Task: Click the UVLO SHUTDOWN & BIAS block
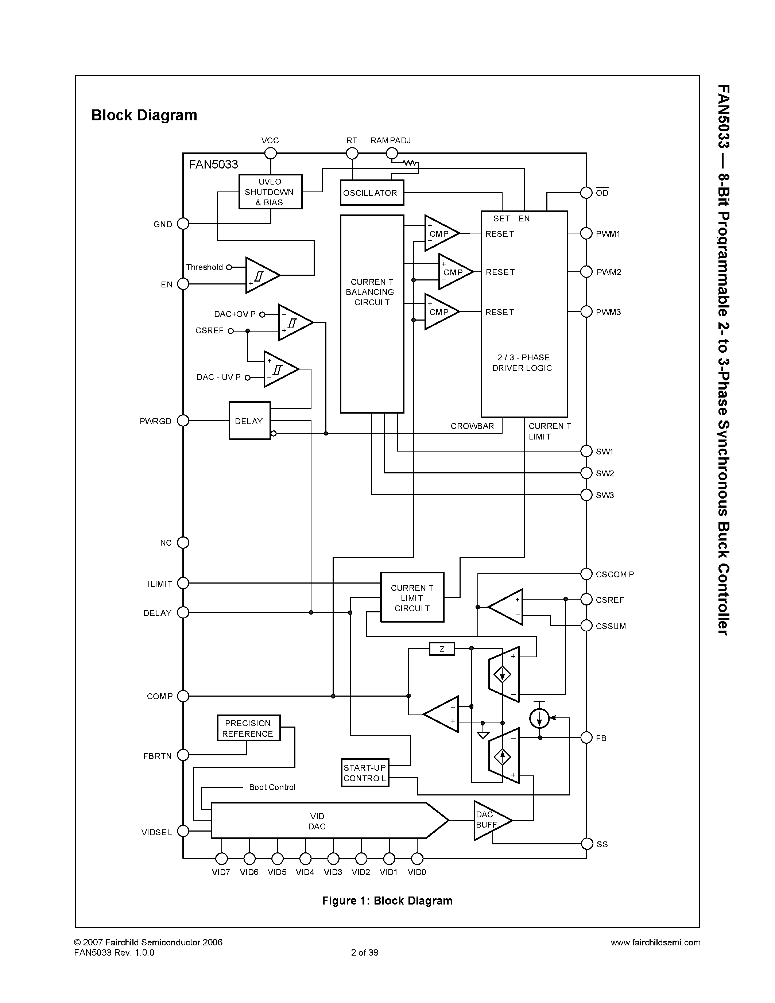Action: point(270,192)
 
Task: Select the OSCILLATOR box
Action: point(371,193)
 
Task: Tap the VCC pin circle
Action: point(270,154)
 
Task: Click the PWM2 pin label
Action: point(608,272)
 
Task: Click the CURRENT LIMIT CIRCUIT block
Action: point(412,597)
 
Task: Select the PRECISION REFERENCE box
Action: point(248,728)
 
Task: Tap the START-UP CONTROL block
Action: point(365,773)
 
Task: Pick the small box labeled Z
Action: point(441,649)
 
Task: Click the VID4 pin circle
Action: point(305,858)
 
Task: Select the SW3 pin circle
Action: point(586,495)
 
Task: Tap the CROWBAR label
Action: point(472,426)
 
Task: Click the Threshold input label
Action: point(204,267)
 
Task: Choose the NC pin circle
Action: point(183,542)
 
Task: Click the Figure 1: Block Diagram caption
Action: point(387,901)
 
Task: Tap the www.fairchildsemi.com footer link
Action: point(655,942)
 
